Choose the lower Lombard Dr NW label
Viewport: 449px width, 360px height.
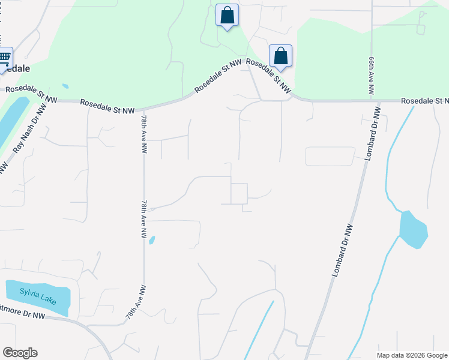[342, 250]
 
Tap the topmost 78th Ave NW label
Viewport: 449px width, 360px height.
[144, 136]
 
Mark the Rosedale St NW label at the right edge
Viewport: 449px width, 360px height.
[425, 101]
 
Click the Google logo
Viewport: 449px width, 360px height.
[20, 353]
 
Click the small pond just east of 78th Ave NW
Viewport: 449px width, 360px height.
[151, 240]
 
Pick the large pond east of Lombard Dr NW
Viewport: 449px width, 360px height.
[414, 229]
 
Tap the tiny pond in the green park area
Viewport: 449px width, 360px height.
[65, 86]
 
